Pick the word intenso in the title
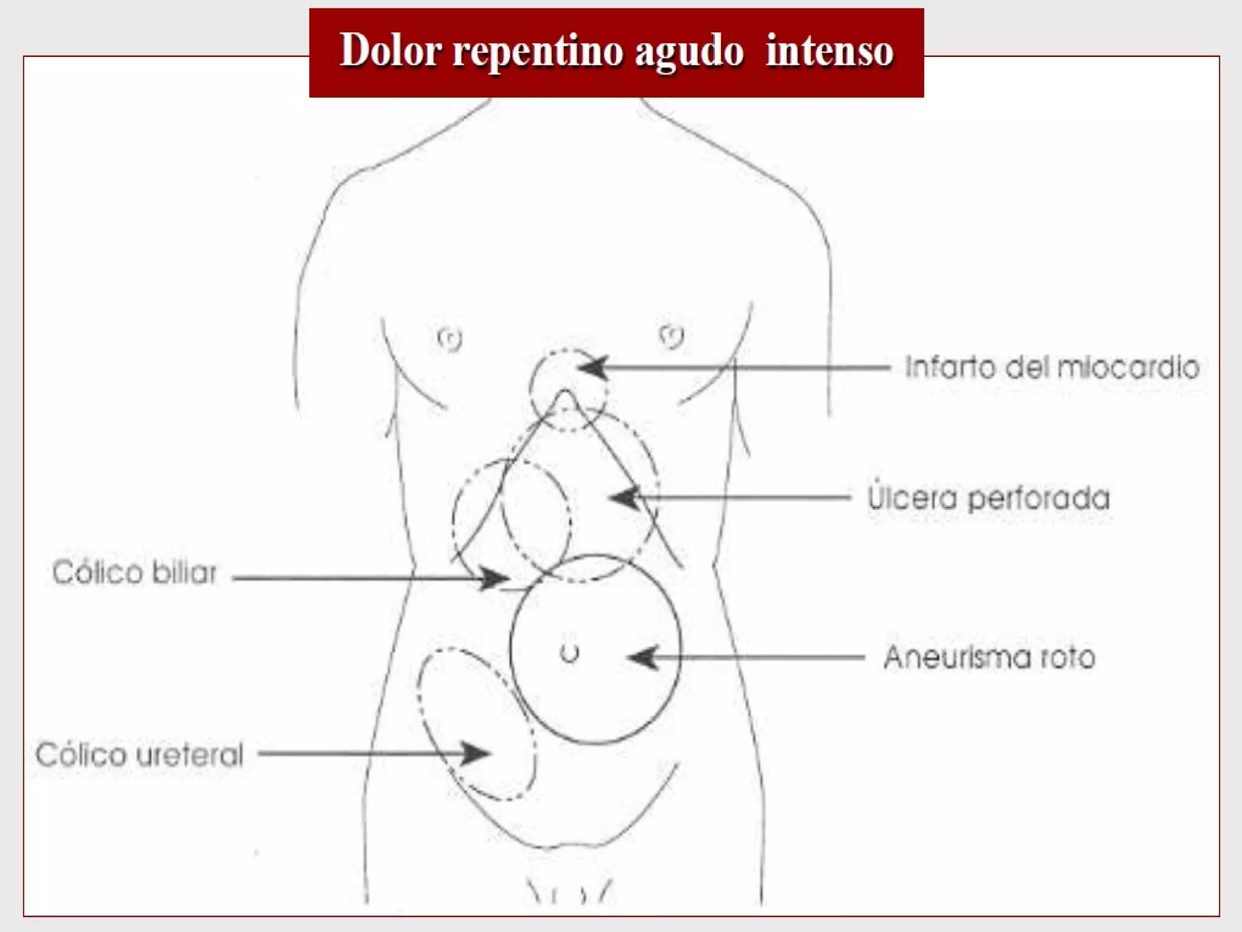830,51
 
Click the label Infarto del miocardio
1052,368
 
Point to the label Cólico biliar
135,573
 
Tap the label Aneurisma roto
989,657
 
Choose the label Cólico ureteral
139,755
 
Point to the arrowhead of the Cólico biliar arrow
494,578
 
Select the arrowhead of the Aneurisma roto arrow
641,657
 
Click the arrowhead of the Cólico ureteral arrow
477,754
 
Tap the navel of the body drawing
569,653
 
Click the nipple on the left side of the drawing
450,339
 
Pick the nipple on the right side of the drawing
671,336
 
